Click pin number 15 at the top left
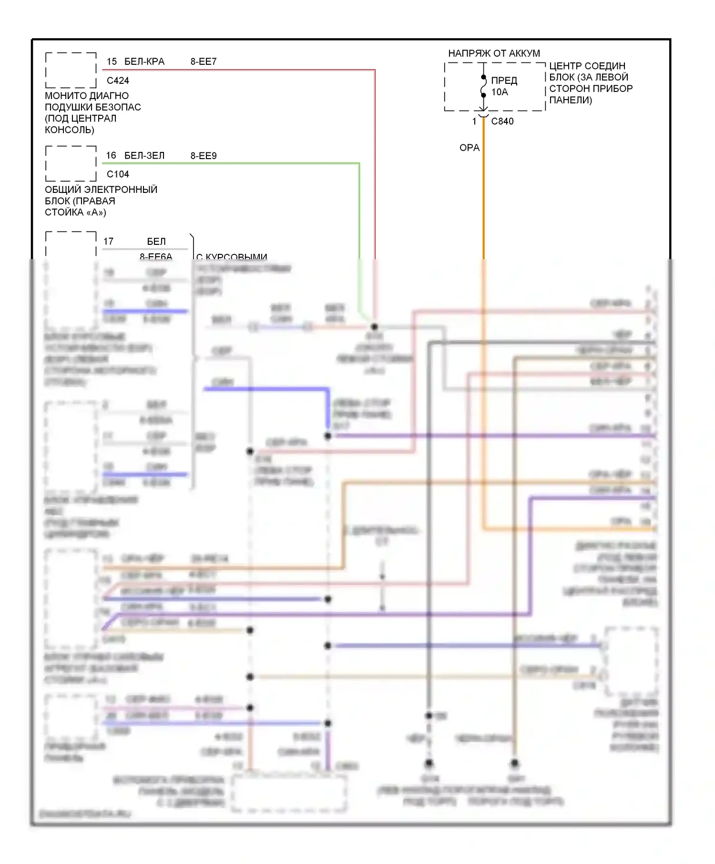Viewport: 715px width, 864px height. (112, 61)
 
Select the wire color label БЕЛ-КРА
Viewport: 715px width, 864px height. (144, 61)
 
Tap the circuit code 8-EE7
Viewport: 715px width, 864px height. (204, 61)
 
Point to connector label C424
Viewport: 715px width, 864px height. (118, 80)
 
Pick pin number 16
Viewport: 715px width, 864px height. (111, 155)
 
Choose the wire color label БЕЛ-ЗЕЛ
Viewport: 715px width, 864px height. (144, 155)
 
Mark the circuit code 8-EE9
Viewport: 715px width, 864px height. (204, 156)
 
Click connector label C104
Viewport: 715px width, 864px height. (118, 174)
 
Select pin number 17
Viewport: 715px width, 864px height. (109, 241)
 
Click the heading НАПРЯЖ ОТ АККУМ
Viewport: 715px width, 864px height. (494, 53)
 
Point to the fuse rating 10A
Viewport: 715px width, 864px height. (500, 92)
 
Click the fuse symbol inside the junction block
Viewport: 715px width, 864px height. (483, 86)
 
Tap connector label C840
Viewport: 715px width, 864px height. (502, 121)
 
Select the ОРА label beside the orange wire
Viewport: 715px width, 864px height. (469, 148)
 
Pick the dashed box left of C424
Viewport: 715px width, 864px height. (71, 70)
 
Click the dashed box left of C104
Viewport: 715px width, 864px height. (71, 163)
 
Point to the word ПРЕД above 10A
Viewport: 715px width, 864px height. (504, 80)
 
